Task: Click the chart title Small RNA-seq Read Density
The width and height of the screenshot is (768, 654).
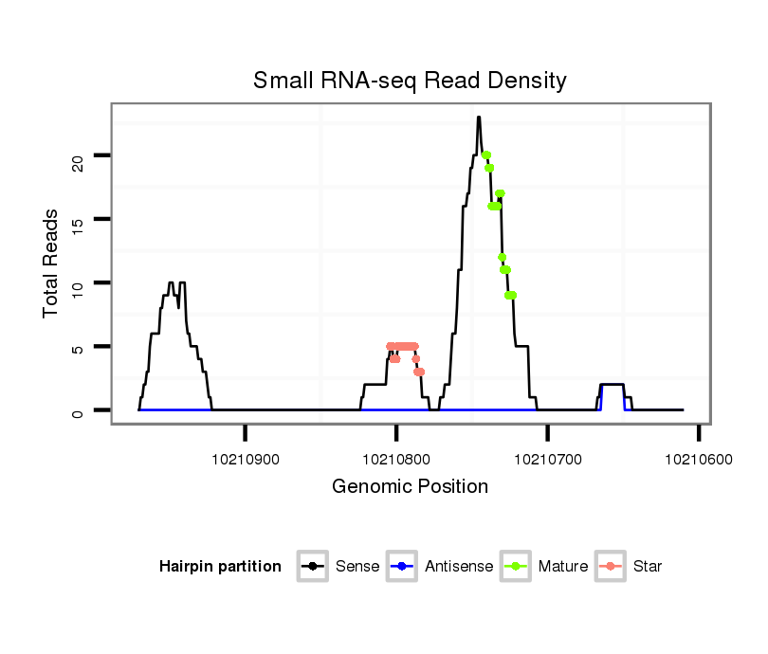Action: [x=410, y=81]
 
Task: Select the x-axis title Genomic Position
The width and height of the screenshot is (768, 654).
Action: [x=410, y=487]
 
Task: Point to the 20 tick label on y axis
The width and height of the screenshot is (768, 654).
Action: [x=78, y=157]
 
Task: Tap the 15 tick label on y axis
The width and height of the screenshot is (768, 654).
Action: [x=78, y=221]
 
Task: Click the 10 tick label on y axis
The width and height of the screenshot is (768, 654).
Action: [x=78, y=284]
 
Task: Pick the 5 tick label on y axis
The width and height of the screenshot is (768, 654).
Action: [x=78, y=348]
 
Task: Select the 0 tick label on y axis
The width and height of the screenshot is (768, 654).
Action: [x=78, y=411]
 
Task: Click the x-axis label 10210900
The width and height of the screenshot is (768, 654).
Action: [x=246, y=459]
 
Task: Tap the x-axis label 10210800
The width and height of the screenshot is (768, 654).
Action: [x=396, y=459]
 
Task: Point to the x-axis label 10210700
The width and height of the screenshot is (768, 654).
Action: [x=548, y=459]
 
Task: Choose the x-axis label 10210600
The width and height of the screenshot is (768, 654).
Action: [x=699, y=459]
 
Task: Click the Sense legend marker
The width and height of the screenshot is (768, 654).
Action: [x=313, y=567]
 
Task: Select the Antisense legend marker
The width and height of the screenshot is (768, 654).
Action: [x=402, y=567]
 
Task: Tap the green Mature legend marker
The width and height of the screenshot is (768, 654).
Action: [x=516, y=567]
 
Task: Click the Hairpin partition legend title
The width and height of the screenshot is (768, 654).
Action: [x=220, y=567]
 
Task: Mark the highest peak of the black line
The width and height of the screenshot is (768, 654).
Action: [x=479, y=118]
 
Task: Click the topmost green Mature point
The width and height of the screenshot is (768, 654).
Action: [x=485, y=155]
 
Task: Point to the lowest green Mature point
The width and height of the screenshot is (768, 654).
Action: [x=511, y=295]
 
